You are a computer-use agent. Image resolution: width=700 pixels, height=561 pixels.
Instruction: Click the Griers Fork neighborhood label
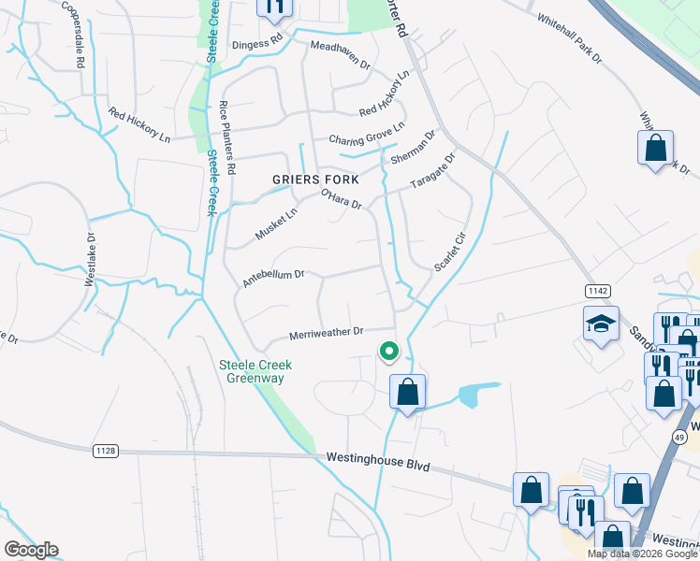point(308,180)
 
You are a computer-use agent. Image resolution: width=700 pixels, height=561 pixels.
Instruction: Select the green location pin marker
point(388,352)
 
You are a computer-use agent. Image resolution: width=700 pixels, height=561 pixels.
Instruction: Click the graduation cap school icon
point(601,324)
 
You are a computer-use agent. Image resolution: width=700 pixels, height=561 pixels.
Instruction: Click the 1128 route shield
point(106,451)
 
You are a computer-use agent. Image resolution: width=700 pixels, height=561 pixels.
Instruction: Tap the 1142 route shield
point(600,291)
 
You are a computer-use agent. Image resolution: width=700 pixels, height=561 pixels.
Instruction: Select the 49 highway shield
point(678,437)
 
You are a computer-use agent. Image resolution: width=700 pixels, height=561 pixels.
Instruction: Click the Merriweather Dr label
point(326,335)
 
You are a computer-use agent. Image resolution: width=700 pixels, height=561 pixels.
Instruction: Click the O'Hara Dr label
point(341,199)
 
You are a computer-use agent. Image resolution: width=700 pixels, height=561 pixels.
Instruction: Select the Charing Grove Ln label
point(366,134)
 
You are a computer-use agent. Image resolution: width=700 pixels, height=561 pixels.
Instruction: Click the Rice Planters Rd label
point(227,138)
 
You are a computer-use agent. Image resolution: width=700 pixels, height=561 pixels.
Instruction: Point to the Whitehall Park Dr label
point(569,38)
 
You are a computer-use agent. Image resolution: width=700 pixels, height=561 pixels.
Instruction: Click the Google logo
point(31,550)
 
